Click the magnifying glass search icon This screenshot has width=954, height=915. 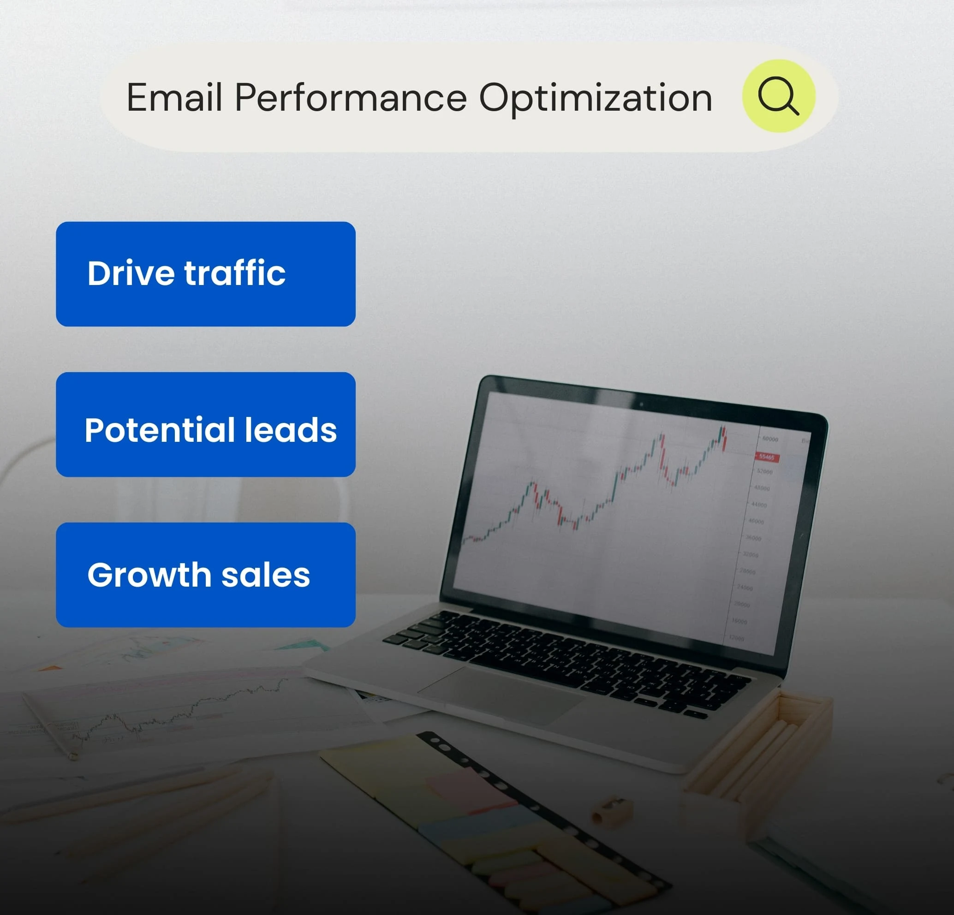[778, 96]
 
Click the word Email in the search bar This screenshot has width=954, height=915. [174, 98]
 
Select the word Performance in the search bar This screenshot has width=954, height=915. [351, 98]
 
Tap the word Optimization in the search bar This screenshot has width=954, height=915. [595, 98]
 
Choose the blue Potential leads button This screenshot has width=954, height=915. [205, 424]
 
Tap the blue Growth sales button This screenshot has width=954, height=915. [205, 575]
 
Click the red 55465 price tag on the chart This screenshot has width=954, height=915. [767, 457]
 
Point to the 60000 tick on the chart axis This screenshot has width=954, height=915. [770, 439]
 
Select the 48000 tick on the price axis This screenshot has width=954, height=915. [762, 488]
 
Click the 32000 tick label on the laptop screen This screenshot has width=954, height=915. [751, 555]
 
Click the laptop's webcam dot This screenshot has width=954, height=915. [641, 404]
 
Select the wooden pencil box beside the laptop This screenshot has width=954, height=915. [759, 745]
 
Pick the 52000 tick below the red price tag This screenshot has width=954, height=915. [765, 472]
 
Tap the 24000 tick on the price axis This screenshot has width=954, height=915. [745, 588]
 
